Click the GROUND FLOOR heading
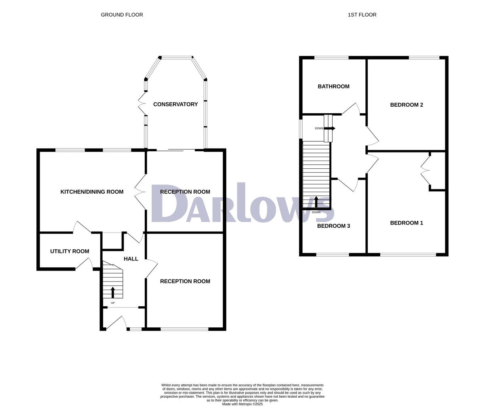122,15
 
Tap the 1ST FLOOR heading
362,15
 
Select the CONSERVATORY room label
175,104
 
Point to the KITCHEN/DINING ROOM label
92,192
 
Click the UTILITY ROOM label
70,251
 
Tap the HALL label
131,259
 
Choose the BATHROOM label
333,87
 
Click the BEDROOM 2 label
406,105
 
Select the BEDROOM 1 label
406,223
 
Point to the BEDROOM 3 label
333,226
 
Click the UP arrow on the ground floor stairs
113,293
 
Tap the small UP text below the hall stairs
113,303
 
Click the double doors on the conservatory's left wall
142,104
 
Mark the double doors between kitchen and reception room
140,192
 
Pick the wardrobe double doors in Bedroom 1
425,171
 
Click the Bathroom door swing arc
351,108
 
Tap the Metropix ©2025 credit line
242,404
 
